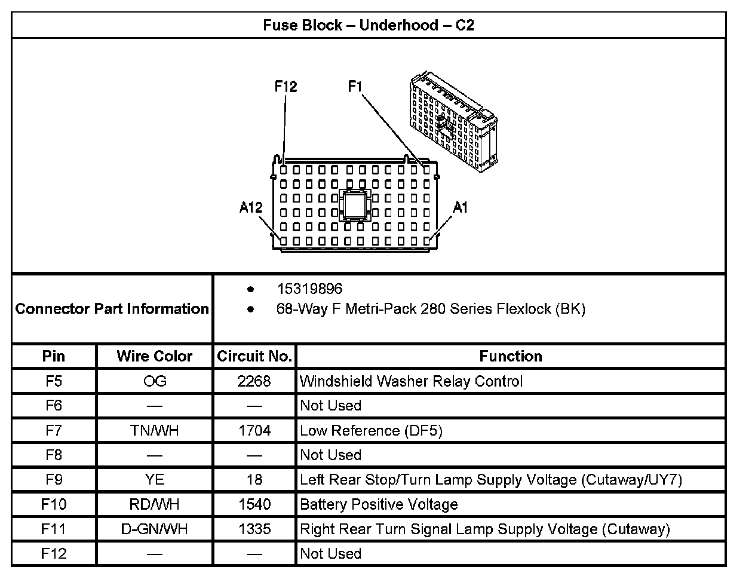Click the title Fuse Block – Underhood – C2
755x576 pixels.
(369, 26)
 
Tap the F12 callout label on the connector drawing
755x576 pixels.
(286, 87)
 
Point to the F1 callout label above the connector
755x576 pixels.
(355, 87)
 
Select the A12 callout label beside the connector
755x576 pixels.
(251, 207)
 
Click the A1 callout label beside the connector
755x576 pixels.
(460, 207)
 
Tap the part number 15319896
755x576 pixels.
(309, 289)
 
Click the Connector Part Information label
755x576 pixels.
(112, 309)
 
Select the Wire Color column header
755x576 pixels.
(155, 357)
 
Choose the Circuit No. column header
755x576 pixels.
(254, 357)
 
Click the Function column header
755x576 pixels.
(511, 357)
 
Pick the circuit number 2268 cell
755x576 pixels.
(254, 381)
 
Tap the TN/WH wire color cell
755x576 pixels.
(155, 431)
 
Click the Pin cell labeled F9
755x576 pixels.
(54, 480)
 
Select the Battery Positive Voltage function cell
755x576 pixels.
(379, 504)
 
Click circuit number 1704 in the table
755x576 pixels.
(254, 431)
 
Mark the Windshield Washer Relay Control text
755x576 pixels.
(411, 381)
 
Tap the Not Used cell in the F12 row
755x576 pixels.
(330, 553)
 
